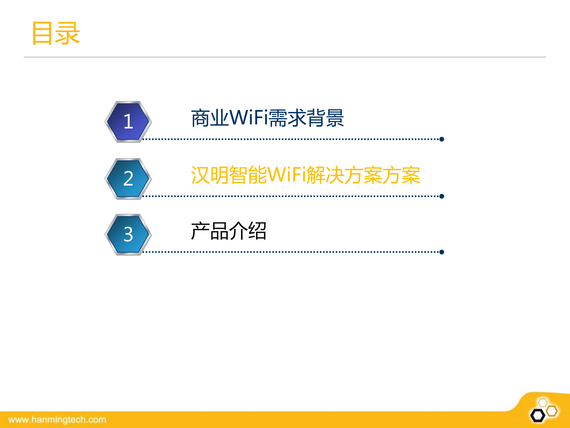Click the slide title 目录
(x=56, y=33)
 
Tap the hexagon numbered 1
(x=128, y=122)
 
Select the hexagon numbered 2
(x=128, y=179)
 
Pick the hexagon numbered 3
(x=128, y=235)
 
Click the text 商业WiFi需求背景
(x=267, y=118)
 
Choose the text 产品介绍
(x=228, y=231)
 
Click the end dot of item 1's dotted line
(x=442, y=139)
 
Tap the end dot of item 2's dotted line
(x=442, y=196)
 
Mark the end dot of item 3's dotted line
(x=442, y=252)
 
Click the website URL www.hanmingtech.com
(x=57, y=420)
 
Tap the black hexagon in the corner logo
(x=538, y=415)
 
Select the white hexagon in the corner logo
(x=543, y=403)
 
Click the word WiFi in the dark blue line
(x=249, y=118)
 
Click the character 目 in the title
(x=42, y=33)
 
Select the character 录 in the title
(x=68, y=33)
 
